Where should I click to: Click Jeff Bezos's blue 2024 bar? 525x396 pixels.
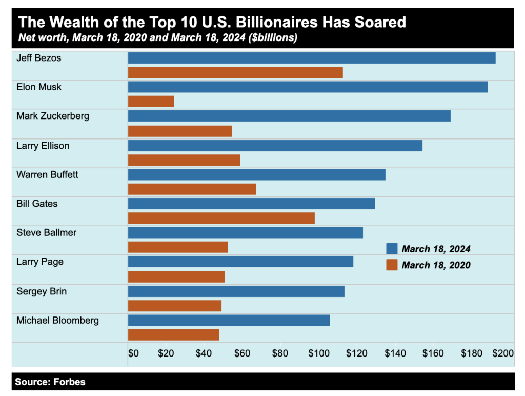(x=311, y=58)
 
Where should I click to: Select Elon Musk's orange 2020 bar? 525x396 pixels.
(x=151, y=102)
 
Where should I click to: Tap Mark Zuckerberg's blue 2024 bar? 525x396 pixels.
(x=289, y=116)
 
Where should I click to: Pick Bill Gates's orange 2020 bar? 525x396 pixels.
(x=221, y=218)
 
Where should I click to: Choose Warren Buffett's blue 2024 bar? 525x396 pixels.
(x=256, y=174)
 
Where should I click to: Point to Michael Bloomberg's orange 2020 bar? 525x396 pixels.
(x=173, y=334)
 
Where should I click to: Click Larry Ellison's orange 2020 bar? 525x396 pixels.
(x=184, y=160)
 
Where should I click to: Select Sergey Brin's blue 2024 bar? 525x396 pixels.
(x=236, y=291)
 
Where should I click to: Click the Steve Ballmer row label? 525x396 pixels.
(x=46, y=232)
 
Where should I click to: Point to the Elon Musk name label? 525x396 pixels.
(x=38, y=87)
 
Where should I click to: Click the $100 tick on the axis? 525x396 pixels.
(x=318, y=353)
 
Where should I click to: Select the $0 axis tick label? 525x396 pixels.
(x=133, y=353)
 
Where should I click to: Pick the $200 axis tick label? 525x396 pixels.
(x=502, y=353)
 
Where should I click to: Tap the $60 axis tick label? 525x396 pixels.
(x=241, y=353)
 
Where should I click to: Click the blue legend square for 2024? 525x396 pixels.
(x=392, y=249)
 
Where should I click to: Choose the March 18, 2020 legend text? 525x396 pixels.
(x=436, y=265)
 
